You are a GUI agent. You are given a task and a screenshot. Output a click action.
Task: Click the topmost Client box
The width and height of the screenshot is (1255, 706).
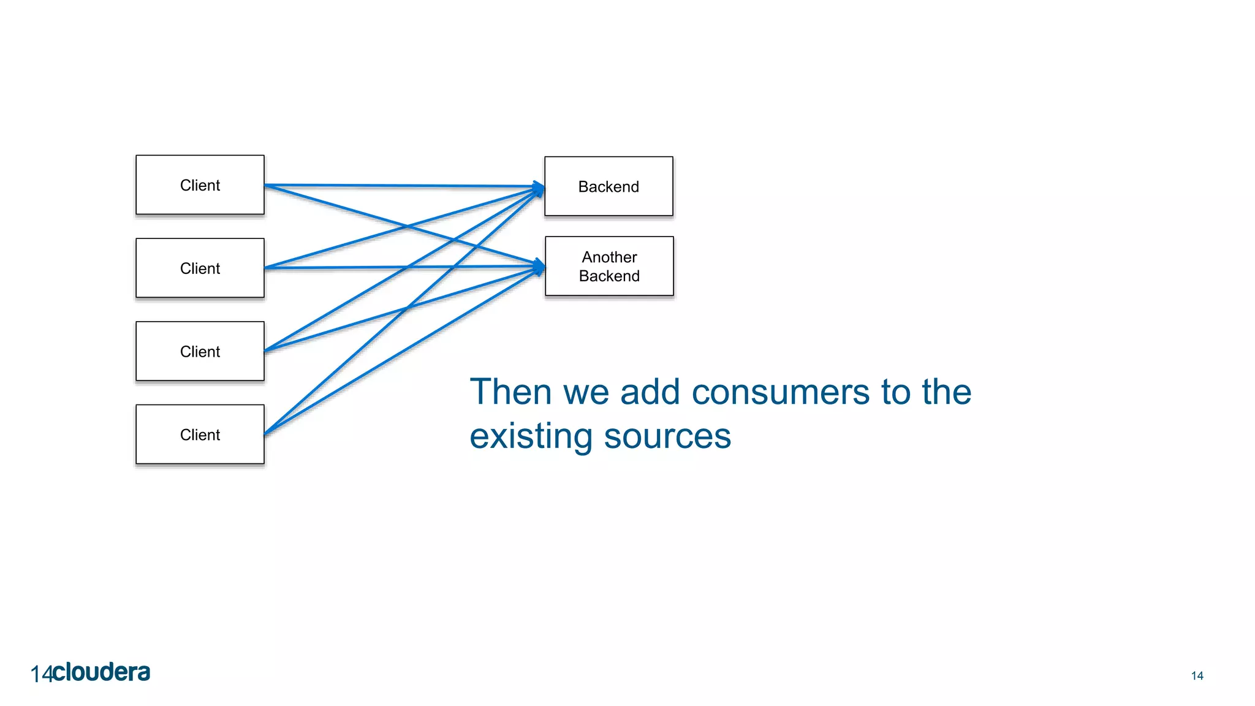click(200, 185)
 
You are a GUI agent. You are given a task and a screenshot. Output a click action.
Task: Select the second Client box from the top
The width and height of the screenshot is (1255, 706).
click(200, 268)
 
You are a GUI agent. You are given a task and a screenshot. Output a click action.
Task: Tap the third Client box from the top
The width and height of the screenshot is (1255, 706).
click(200, 351)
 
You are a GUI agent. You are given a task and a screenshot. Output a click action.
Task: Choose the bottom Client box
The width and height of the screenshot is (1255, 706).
click(200, 435)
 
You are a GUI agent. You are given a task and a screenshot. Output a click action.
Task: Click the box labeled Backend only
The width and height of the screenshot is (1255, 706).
click(609, 186)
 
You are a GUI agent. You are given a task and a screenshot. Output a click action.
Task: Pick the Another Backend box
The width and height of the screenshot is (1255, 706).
click(609, 267)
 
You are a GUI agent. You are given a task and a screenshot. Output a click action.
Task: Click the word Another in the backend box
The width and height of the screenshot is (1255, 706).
click(609, 257)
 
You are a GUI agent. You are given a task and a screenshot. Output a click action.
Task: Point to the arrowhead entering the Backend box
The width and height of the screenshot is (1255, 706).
click(539, 187)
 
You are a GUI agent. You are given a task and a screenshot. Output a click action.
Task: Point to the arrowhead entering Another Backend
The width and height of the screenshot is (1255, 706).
click(539, 267)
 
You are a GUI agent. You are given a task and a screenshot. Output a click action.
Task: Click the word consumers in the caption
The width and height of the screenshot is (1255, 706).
click(780, 392)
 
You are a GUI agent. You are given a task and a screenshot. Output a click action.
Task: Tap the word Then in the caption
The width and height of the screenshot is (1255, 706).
click(510, 392)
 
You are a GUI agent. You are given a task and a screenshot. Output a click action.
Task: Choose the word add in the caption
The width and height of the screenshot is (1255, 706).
click(650, 392)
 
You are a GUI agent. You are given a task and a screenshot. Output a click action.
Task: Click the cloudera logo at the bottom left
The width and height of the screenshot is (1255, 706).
click(101, 672)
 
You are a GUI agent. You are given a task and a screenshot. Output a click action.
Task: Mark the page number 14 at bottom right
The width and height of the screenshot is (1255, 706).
click(1197, 676)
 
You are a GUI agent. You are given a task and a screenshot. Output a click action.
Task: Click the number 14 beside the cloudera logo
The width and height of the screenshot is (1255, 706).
click(41, 675)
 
